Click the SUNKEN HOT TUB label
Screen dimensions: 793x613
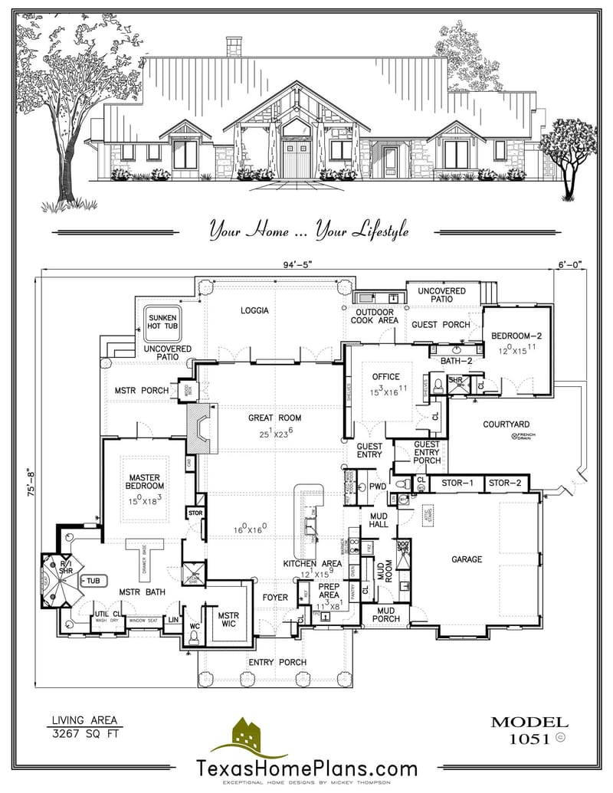coord(162,322)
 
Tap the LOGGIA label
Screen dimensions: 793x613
coord(254,310)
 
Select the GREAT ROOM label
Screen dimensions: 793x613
coord(274,418)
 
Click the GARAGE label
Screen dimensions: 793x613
coord(466,559)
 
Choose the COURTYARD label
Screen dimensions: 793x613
coord(506,424)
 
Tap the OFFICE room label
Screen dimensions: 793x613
coord(385,377)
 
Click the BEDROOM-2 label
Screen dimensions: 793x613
coord(516,336)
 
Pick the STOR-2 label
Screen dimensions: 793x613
coord(504,483)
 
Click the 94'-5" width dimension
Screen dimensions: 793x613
coord(298,265)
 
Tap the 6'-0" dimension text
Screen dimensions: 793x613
coord(568,265)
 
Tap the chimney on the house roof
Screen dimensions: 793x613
coord(234,46)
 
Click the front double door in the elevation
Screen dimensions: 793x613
coord(294,159)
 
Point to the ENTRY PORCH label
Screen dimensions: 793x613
coord(277,662)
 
